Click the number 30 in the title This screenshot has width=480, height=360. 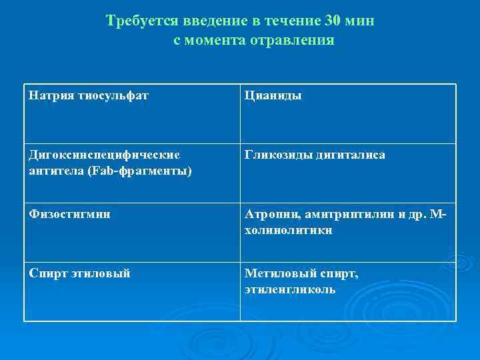point(334,21)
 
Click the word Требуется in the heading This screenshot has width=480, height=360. point(139,21)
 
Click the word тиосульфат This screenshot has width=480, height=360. point(113,95)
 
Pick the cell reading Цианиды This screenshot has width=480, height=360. point(273,95)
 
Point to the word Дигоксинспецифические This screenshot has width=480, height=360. point(104,155)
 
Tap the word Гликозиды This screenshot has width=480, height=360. point(274,155)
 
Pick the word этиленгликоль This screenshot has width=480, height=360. point(290,290)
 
